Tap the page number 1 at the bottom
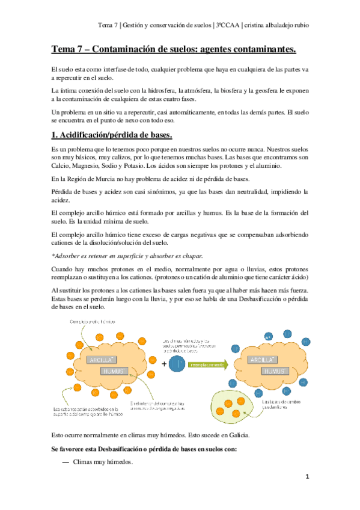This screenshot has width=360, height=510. click(x=307, y=476)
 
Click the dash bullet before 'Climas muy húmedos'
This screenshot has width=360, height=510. click(x=66, y=462)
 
